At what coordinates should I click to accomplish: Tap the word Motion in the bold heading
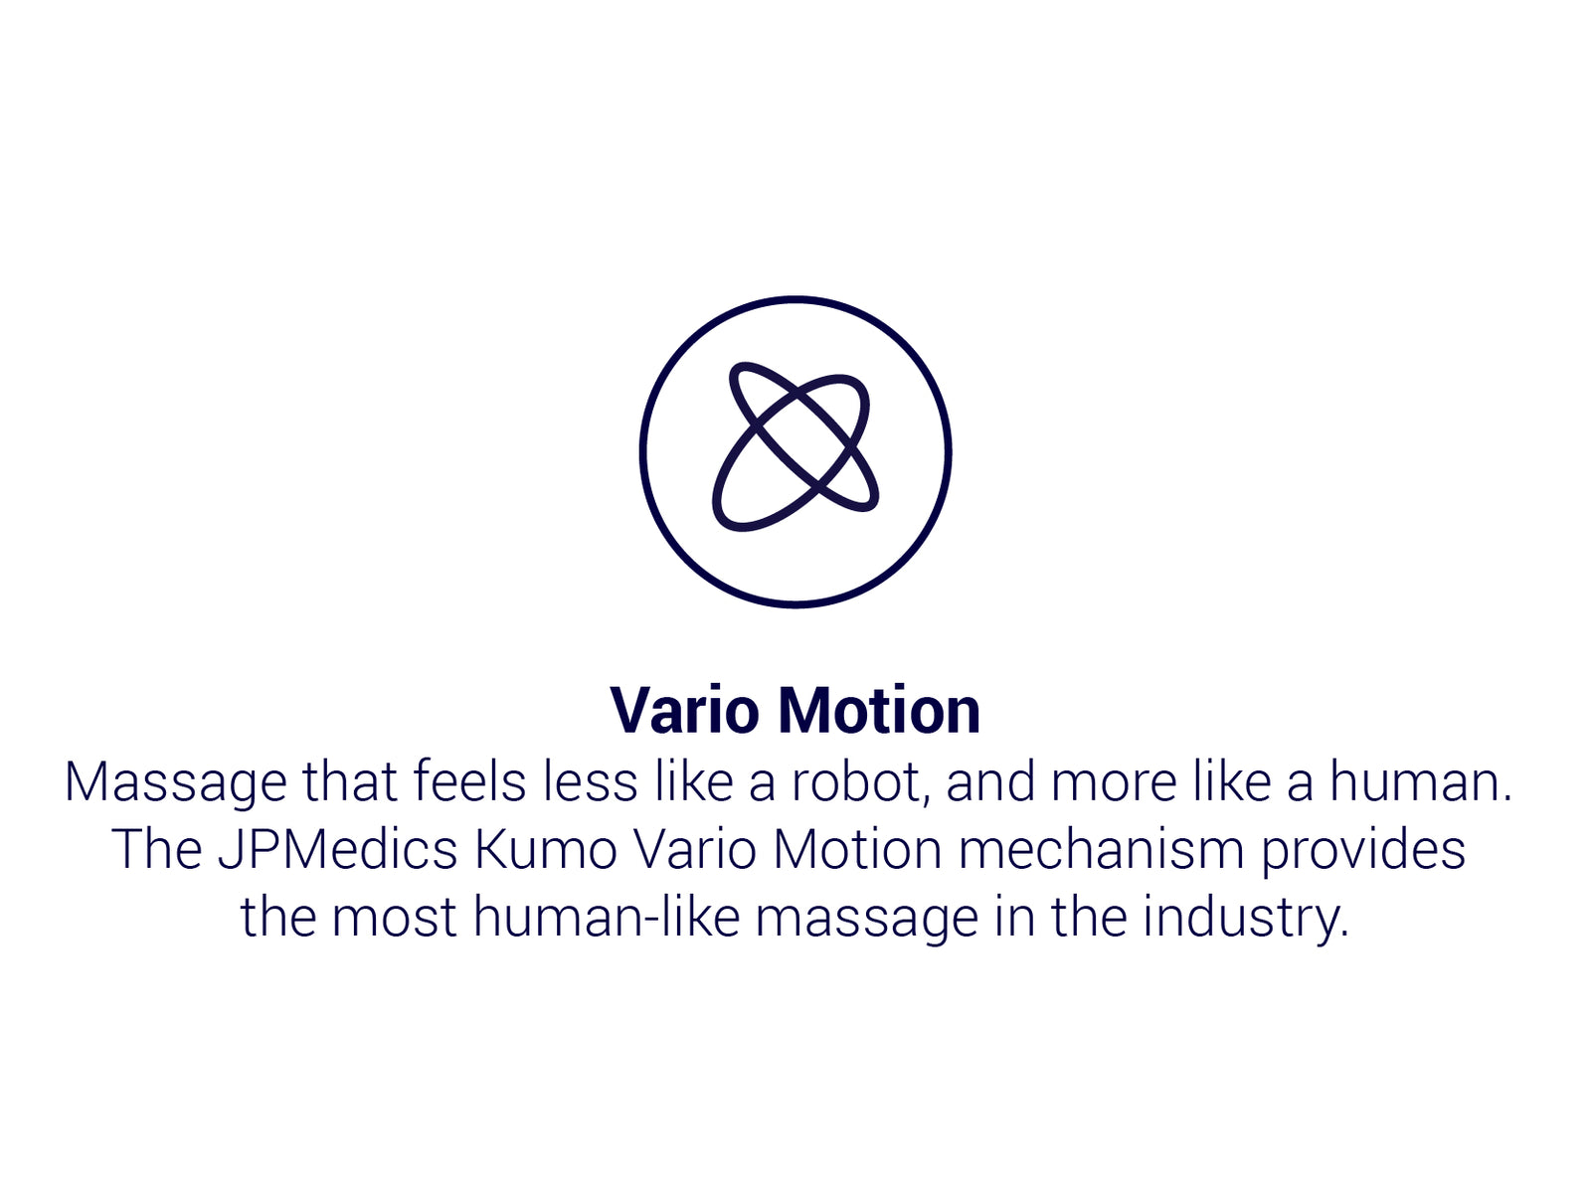click(x=879, y=710)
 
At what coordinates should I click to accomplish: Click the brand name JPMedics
click(x=338, y=849)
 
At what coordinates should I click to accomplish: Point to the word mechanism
click(x=1101, y=849)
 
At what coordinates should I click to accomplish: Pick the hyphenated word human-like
click(x=607, y=916)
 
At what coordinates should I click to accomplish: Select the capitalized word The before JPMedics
click(x=156, y=849)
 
